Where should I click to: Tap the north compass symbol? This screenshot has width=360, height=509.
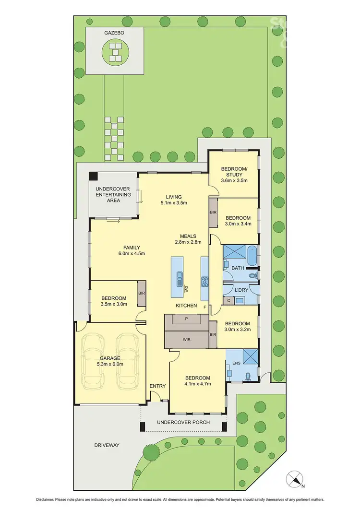pyautogui.click(x=294, y=479)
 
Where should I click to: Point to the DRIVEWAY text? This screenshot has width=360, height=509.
pyautogui.click(x=107, y=445)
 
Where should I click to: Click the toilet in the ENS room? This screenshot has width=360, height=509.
pyautogui.click(x=248, y=376)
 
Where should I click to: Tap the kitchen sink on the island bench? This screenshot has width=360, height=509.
pyautogui.click(x=179, y=276)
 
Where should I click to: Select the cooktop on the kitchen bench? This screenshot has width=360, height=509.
pyautogui.click(x=204, y=281)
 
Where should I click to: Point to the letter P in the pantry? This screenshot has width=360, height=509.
pyautogui.click(x=187, y=319)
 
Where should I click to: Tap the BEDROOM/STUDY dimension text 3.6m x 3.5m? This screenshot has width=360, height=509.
pyautogui.click(x=234, y=180)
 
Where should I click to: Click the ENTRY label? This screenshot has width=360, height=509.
pyautogui.click(x=157, y=386)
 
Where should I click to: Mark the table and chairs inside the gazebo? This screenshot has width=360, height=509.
pyautogui.click(x=115, y=52)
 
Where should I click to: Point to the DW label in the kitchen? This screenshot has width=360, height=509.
pyautogui.click(x=186, y=289)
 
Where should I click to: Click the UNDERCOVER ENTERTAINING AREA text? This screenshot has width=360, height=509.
pyautogui.click(x=113, y=194)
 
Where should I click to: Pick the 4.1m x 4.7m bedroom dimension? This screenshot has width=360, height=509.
pyautogui.click(x=198, y=383)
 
